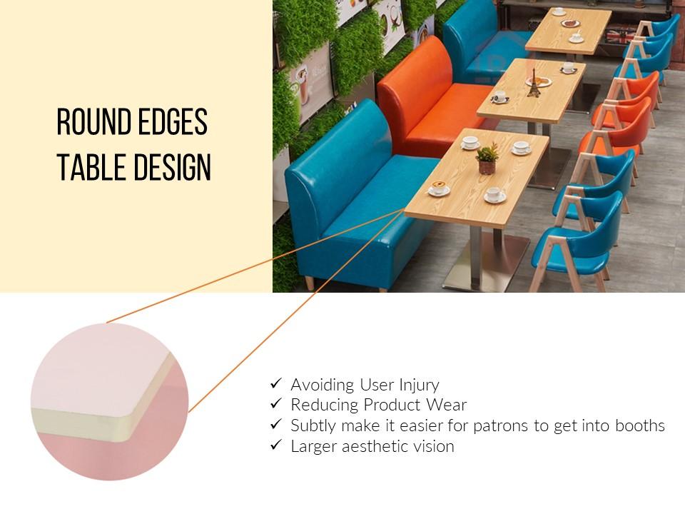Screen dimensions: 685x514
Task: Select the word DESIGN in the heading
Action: tap(172, 166)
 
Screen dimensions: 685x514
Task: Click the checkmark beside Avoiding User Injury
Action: tap(276, 383)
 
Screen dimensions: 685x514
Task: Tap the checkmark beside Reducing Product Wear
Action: tap(276, 403)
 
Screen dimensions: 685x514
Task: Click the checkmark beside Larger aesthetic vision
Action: tap(276, 445)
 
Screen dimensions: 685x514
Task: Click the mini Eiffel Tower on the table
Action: tap(533, 83)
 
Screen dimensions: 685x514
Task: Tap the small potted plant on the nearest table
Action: tap(487, 159)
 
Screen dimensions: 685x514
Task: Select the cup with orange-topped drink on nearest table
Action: tap(439, 188)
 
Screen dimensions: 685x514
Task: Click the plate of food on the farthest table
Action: tap(570, 23)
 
